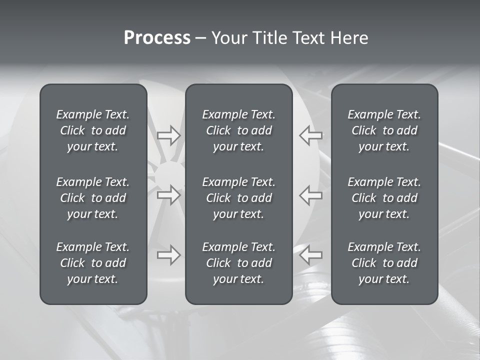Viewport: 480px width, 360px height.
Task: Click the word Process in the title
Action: [157, 38]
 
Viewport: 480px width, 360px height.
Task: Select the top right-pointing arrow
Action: [168, 135]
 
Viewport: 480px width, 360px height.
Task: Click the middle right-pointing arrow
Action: [168, 194]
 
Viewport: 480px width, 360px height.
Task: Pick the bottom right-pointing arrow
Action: [168, 255]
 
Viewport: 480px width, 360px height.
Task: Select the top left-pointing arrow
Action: [311, 135]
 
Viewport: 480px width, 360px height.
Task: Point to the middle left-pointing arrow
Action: [311, 194]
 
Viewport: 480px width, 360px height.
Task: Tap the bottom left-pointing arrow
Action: [311, 255]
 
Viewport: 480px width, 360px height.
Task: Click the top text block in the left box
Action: [93, 130]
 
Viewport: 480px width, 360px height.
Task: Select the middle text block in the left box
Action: [93, 198]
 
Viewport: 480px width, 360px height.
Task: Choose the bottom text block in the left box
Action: [93, 263]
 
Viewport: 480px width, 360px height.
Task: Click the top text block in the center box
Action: [238, 130]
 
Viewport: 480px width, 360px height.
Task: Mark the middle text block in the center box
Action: [238, 198]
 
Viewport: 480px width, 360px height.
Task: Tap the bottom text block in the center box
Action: [238, 263]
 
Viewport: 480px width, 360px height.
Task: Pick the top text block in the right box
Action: [384, 130]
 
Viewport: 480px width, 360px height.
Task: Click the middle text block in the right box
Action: [384, 198]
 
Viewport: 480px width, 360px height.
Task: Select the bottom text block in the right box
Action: [384, 263]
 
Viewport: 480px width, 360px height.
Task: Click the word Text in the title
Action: [308, 38]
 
